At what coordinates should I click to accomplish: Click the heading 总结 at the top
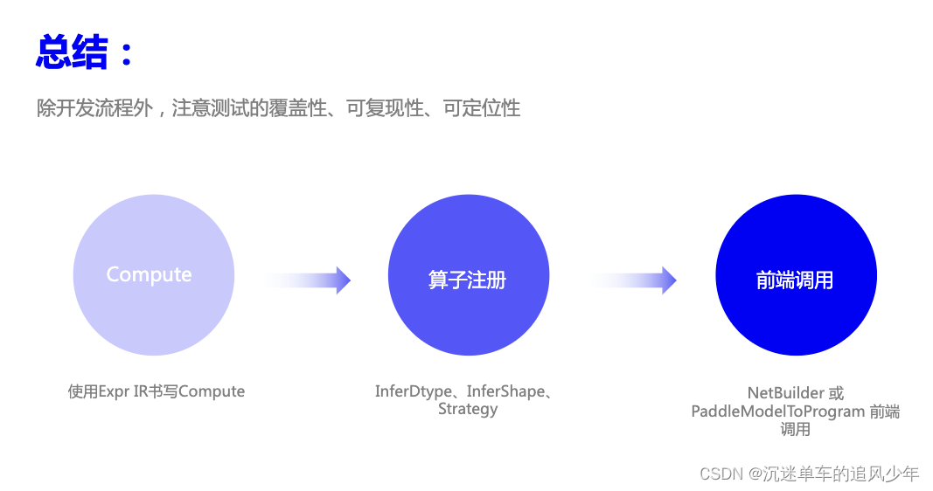tap(72, 52)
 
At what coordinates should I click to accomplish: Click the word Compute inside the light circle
tap(149, 274)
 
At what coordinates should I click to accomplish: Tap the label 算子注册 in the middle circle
tap(467, 280)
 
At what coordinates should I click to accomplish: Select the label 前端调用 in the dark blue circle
tap(795, 280)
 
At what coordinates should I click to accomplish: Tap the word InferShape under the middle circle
tap(505, 391)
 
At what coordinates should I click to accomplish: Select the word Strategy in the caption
tap(468, 409)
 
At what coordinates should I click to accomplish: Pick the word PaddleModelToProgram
tap(778, 411)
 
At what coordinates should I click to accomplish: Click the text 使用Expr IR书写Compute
tap(157, 391)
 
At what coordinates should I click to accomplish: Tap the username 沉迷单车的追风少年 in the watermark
tap(841, 474)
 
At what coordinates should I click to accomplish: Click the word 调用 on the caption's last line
tap(795, 429)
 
